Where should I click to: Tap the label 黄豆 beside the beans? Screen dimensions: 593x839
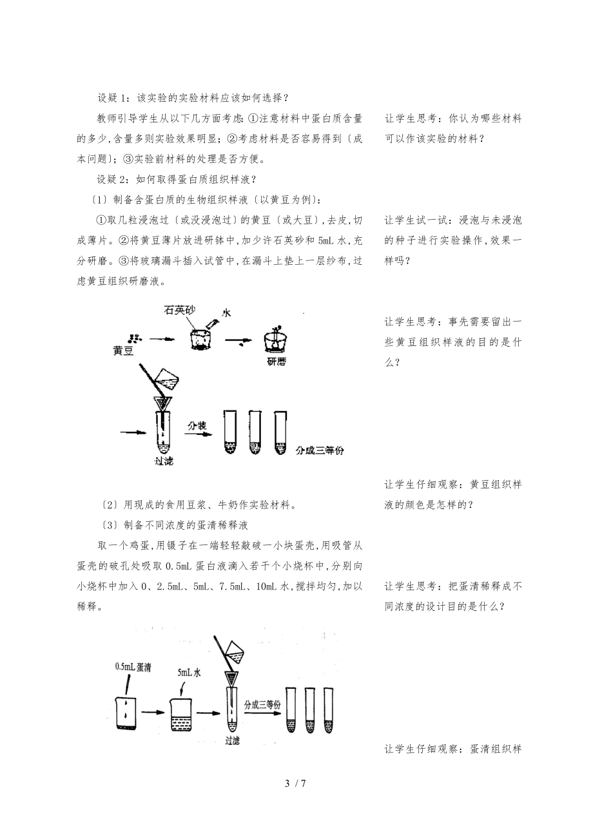(x=122, y=351)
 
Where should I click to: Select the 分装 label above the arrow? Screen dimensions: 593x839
(x=197, y=426)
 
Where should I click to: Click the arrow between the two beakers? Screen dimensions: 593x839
(x=153, y=712)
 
